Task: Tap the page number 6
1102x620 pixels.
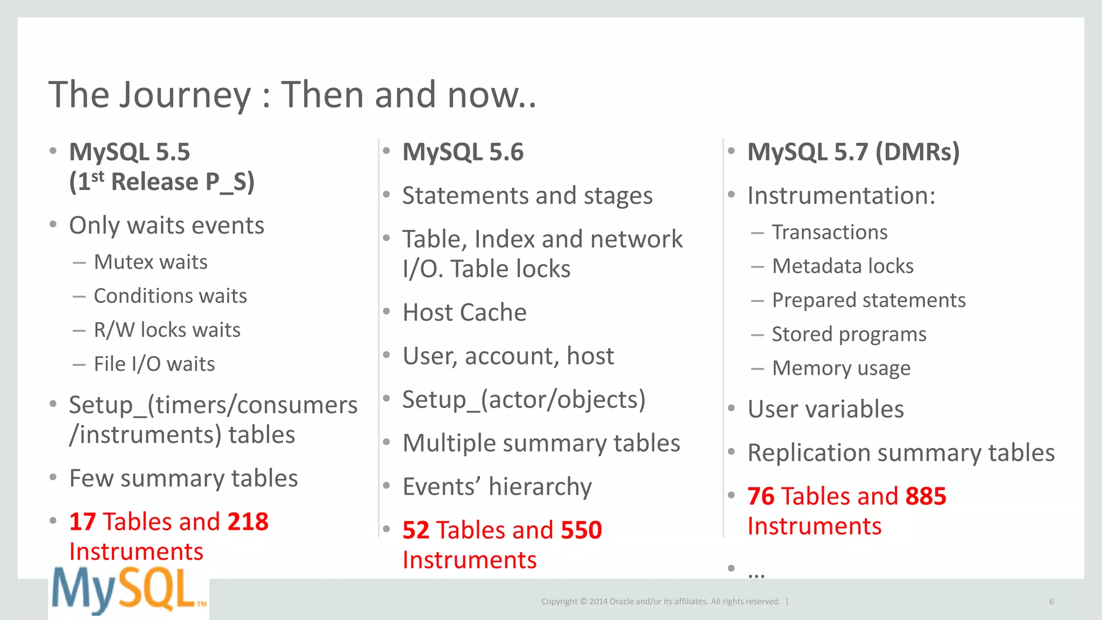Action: pyautogui.click(x=1051, y=602)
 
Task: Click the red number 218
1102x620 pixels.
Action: pyautogui.click(x=248, y=522)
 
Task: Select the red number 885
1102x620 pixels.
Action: pyautogui.click(x=926, y=496)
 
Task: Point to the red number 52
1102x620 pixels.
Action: pyautogui.click(x=415, y=530)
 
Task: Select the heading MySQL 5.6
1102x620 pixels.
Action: pyautogui.click(x=463, y=152)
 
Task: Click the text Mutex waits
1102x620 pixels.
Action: pyautogui.click(x=150, y=262)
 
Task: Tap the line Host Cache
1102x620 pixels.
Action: pyautogui.click(x=464, y=312)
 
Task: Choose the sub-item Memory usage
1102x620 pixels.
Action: pyautogui.click(x=841, y=368)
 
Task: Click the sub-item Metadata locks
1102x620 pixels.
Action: pyautogui.click(x=843, y=266)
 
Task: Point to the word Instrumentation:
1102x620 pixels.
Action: pyautogui.click(x=841, y=195)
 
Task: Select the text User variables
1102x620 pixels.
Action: pyautogui.click(x=825, y=409)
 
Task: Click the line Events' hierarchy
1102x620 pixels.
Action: pyautogui.click(x=497, y=487)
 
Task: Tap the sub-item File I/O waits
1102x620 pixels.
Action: pyautogui.click(x=154, y=364)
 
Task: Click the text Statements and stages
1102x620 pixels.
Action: pyautogui.click(x=527, y=195)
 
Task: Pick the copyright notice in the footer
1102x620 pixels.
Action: pyautogui.click(x=660, y=602)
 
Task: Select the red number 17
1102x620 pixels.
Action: pyautogui.click(x=82, y=522)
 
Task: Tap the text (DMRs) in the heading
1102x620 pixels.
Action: pyautogui.click(x=917, y=152)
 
